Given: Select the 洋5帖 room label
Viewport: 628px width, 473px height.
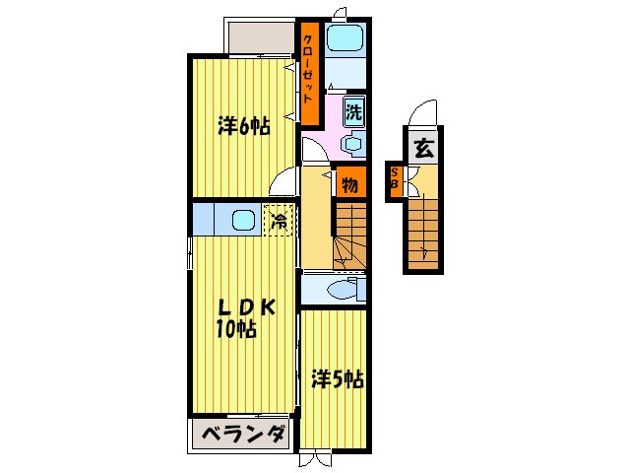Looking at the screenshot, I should pyautogui.click(x=338, y=378).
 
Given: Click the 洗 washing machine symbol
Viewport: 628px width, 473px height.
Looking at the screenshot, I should pyautogui.click(x=353, y=111).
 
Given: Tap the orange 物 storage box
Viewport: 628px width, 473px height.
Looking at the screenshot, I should pyautogui.click(x=349, y=183).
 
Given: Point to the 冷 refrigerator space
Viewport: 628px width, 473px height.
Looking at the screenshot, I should pyautogui.click(x=280, y=220).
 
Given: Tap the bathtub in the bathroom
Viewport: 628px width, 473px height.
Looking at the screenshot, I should pyautogui.click(x=345, y=40).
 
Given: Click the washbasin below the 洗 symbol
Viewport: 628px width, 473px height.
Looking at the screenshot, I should pyautogui.click(x=352, y=143).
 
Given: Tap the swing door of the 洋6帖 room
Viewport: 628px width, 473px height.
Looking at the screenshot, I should pyautogui.click(x=284, y=183).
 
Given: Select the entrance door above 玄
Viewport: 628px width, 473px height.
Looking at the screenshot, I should pyautogui.click(x=422, y=114).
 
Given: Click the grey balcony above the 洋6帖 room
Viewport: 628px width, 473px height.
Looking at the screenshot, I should pyautogui.click(x=262, y=38).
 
